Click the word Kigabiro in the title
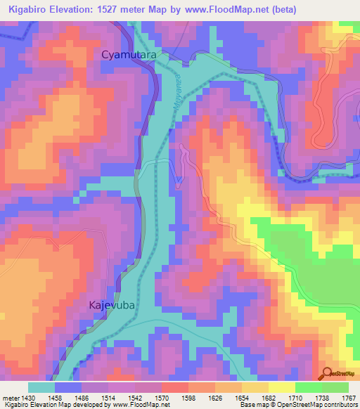click(x=31, y=9)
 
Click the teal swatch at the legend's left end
click(x=41, y=387)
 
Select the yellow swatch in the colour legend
click(x=282, y=387)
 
